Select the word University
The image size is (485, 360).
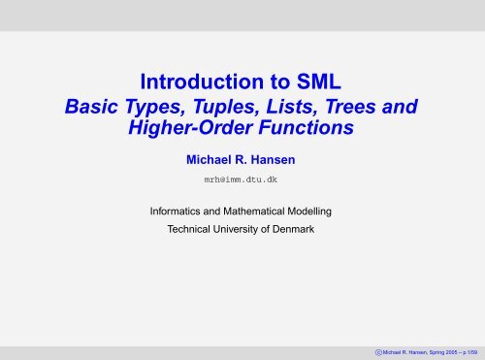tap(246, 230)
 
